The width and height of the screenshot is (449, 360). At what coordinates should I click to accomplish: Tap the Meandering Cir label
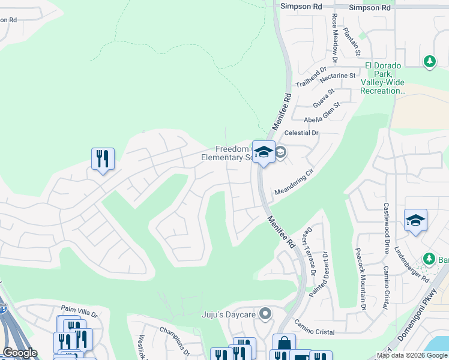[x=294, y=182]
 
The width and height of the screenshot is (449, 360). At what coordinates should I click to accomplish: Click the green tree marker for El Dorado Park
[x=429, y=61]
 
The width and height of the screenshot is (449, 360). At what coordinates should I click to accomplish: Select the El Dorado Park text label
[x=382, y=79]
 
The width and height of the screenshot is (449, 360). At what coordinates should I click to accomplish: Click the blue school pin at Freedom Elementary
[x=263, y=152]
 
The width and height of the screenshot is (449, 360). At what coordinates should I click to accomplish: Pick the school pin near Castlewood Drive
[x=415, y=221]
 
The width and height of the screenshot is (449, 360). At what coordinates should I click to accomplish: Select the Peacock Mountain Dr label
[x=361, y=279]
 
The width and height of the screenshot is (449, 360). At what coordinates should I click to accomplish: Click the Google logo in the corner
[x=20, y=353]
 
